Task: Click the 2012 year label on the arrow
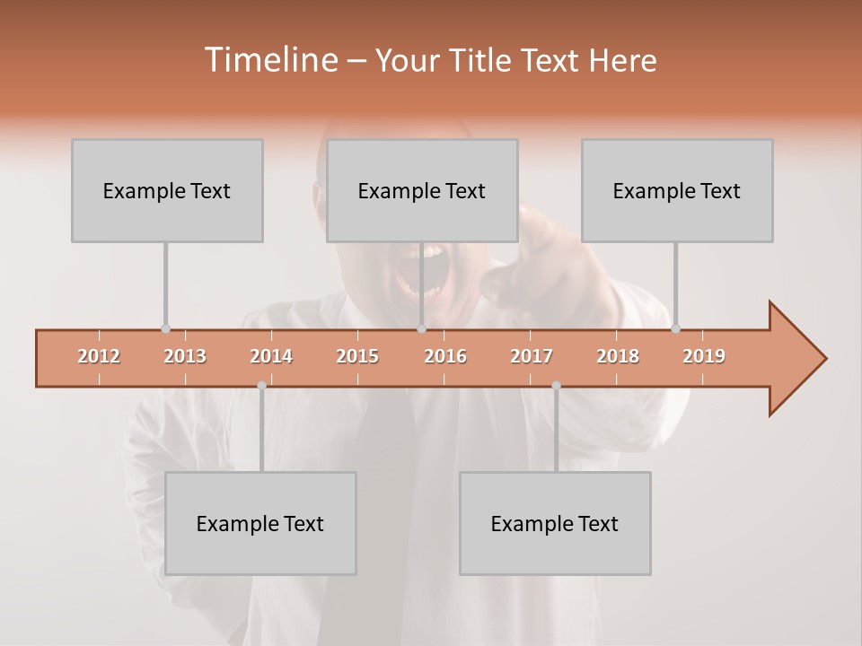coord(99,356)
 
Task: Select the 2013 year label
coord(185,356)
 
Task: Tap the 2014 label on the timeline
coord(271,356)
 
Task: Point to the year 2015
coord(357,356)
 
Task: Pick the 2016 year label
coord(445,356)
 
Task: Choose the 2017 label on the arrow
coord(532,356)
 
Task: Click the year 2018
coord(618,356)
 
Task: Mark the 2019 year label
coord(704,356)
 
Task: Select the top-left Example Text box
coord(167,190)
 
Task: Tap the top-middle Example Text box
coord(422,190)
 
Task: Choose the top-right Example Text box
coord(677,190)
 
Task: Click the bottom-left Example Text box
coord(260,523)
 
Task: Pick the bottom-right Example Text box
coord(555,523)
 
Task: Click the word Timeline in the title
coord(269,60)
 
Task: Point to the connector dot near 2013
coord(165,328)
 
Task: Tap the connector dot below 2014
coord(261,385)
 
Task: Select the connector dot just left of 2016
coord(421,328)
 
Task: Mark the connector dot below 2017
coord(556,385)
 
